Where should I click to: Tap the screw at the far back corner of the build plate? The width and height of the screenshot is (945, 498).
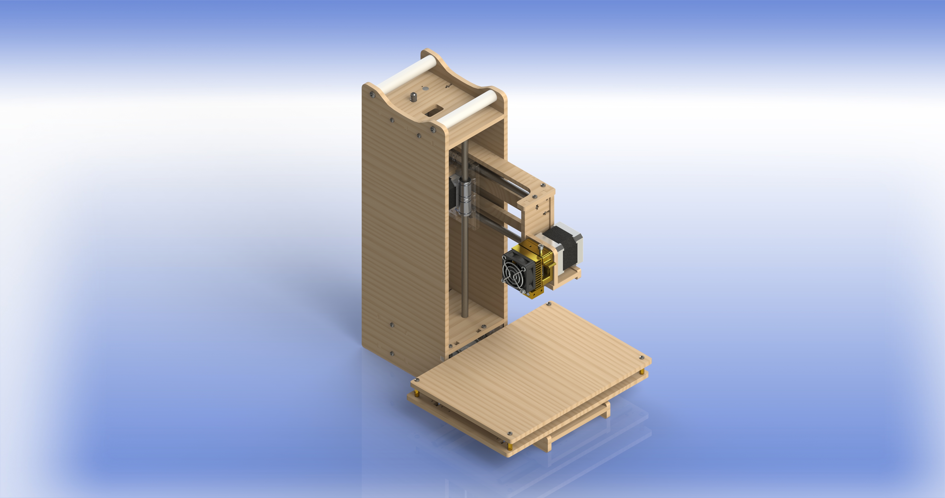coord(549,304)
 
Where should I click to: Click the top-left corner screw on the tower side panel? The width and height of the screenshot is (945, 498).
coord(373,94)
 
